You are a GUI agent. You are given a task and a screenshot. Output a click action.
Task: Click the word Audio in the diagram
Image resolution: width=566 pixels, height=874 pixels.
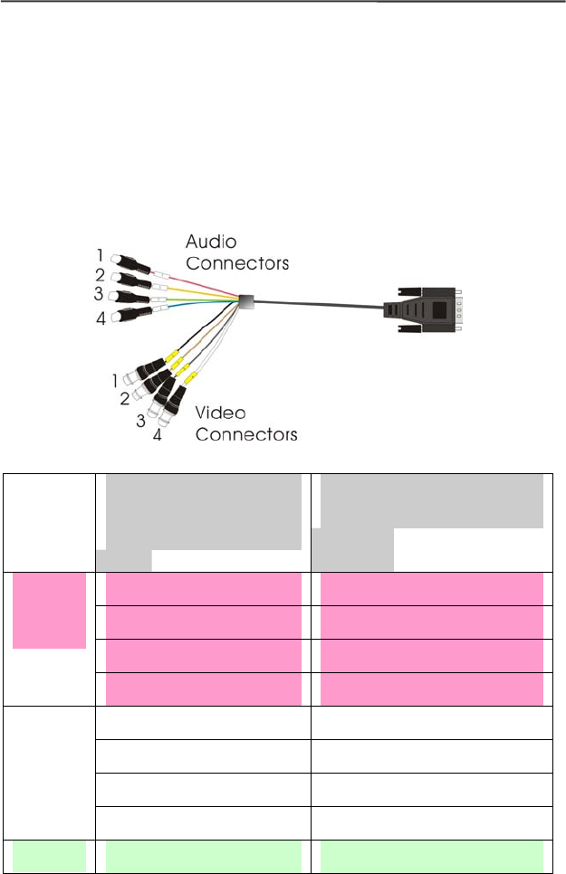point(211,242)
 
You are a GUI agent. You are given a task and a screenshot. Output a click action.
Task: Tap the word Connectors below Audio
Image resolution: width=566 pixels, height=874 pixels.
point(237,263)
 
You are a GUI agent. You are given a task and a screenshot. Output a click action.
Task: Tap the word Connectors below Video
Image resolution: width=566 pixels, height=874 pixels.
point(247,434)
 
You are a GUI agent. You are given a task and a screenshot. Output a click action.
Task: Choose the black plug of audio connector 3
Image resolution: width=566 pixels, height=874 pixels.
point(132,298)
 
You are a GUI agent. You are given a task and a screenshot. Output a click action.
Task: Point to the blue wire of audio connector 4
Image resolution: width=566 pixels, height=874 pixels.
point(199,307)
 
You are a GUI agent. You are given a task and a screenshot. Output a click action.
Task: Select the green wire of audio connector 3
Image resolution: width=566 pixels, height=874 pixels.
point(199,297)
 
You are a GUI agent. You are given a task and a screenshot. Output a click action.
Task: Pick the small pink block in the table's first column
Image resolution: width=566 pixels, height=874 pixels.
point(50,610)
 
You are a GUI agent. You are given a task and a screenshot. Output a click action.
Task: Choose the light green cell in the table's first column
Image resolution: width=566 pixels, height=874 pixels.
point(50,857)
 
